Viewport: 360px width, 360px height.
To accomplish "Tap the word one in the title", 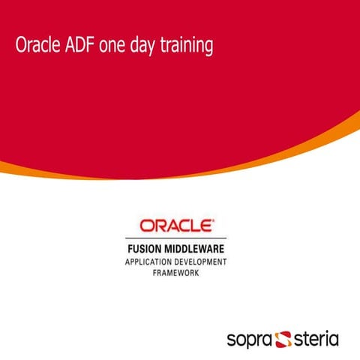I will click(x=118, y=46).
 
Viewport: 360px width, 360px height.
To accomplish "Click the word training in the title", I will click(x=188, y=47).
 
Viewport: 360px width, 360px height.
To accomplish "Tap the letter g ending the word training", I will click(x=209, y=49).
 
